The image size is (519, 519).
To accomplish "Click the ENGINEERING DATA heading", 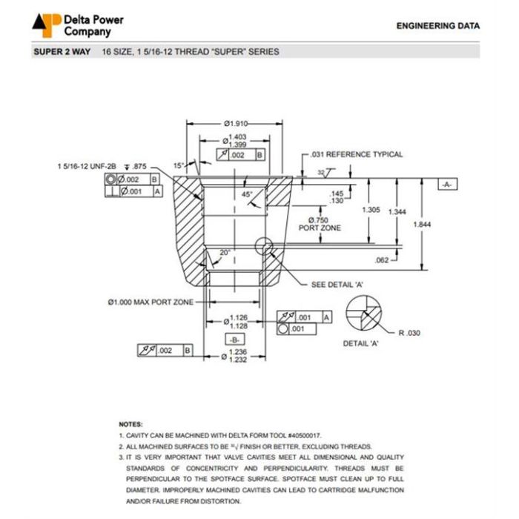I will click(x=437, y=26).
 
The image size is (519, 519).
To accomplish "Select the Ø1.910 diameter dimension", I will click(x=235, y=123).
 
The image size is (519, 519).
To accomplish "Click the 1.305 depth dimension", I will click(x=371, y=210).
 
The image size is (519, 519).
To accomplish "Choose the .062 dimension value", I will click(x=382, y=260).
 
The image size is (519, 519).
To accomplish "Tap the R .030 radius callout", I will click(x=409, y=333).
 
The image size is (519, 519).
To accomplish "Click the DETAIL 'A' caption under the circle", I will click(x=361, y=344).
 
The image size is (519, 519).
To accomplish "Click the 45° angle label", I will click(x=247, y=194).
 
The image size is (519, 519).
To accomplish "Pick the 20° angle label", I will click(x=225, y=253).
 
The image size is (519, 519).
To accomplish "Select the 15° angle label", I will click(x=178, y=165).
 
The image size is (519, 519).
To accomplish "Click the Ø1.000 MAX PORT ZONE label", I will click(x=151, y=303).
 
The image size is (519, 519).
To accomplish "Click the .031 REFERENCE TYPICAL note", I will click(x=357, y=154).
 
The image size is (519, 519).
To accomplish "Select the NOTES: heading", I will click(x=130, y=424).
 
